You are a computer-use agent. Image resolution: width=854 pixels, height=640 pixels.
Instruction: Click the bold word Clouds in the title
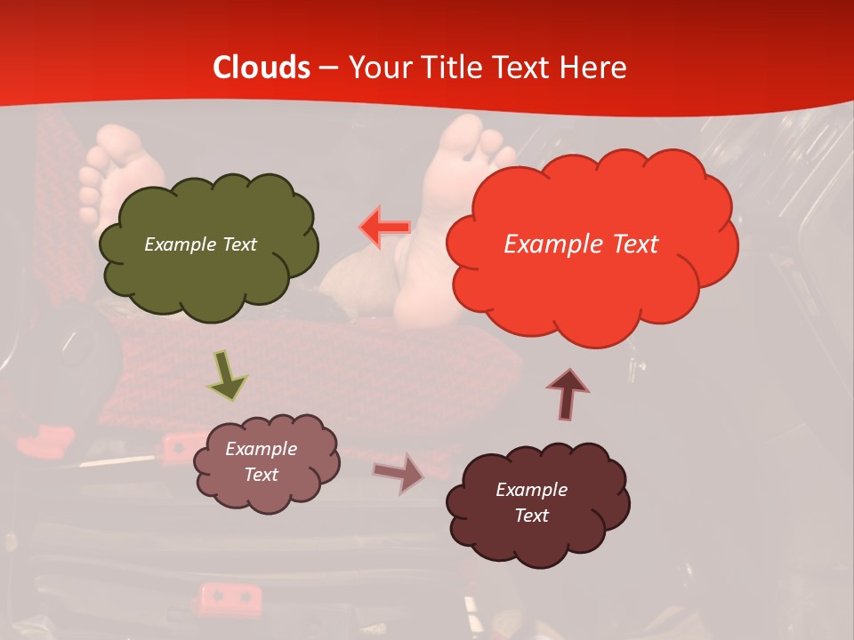click(x=262, y=68)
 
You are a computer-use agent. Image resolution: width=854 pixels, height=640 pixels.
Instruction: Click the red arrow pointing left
click(x=385, y=227)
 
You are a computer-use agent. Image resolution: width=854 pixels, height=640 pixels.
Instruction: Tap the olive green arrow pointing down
click(x=227, y=377)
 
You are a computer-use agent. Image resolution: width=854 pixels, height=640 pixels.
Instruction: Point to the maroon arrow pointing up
click(x=567, y=393)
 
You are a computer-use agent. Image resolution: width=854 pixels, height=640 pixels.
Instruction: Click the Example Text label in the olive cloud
click(x=200, y=244)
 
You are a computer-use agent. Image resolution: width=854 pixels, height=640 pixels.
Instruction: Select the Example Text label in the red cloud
click(x=581, y=244)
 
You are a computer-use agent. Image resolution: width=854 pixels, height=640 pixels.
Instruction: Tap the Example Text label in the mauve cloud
click(x=262, y=461)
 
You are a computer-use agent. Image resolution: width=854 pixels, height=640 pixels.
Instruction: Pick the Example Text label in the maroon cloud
click(x=531, y=502)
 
